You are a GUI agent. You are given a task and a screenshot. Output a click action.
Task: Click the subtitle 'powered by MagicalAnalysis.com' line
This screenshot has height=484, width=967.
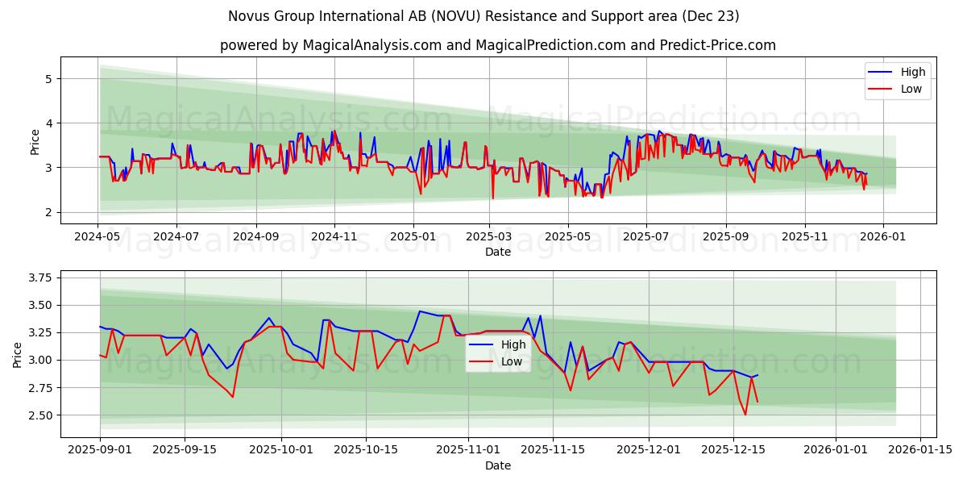497,45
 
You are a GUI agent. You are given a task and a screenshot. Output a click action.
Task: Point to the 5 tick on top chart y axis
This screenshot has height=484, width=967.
48,79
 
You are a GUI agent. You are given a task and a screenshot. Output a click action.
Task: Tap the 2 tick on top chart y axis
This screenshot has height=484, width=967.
48,212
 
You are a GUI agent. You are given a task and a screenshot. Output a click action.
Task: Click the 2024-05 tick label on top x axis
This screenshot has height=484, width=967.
98,237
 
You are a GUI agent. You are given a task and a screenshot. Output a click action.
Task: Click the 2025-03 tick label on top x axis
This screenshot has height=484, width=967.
489,237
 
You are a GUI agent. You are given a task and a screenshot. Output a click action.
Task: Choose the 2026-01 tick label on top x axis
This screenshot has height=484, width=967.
883,237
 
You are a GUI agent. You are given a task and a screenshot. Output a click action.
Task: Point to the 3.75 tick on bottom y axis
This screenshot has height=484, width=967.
38,277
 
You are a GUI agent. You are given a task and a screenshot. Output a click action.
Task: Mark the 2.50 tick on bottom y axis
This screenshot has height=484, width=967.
38,415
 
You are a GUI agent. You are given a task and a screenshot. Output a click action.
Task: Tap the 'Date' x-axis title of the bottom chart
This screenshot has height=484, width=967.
497,465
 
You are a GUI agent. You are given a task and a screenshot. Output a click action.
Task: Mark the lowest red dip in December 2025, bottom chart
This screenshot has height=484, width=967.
745,415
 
